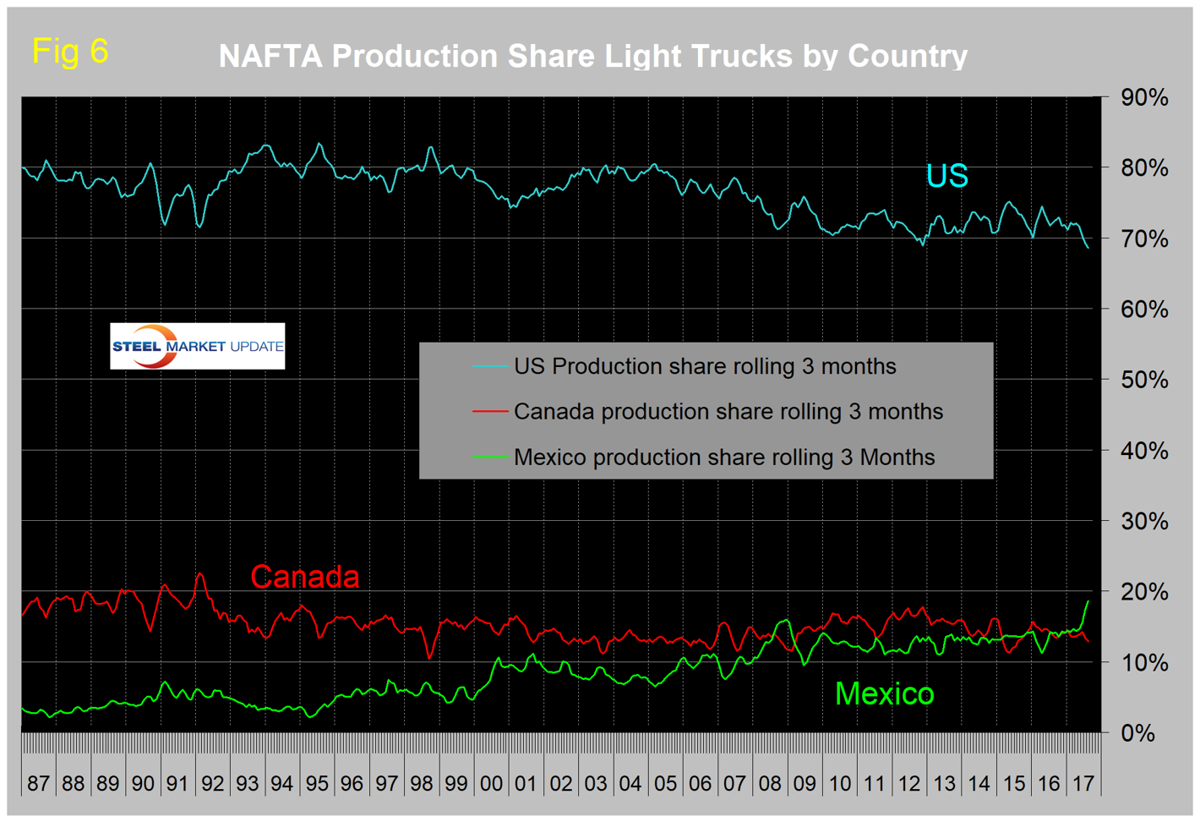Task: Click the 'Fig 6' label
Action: [70, 52]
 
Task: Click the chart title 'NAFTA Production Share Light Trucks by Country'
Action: [592, 57]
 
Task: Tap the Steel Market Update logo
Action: [197, 346]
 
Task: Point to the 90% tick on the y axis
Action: [1144, 98]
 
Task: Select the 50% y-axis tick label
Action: [1144, 380]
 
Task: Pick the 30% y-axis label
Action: [1144, 521]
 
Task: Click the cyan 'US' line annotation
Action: [946, 176]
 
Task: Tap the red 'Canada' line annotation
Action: [305, 577]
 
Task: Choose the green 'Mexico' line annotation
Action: [884, 694]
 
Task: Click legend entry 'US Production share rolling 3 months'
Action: [705, 366]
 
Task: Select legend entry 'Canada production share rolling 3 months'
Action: [728, 412]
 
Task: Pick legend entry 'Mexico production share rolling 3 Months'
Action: [724, 458]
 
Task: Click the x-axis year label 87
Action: [39, 783]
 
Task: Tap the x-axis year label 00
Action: [491, 783]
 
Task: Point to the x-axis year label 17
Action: [1083, 783]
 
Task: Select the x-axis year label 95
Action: [317, 783]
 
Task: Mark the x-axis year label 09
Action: [805, 783]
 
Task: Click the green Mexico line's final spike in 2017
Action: [1087, 602]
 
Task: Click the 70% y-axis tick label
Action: [1144, 239]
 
